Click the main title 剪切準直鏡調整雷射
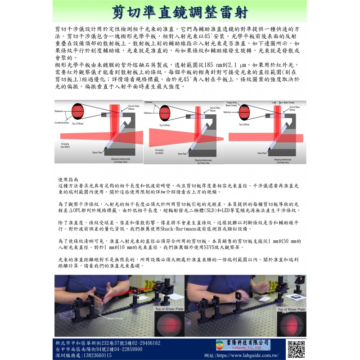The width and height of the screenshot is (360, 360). point(180,12)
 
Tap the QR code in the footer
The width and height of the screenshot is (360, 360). point(296,347)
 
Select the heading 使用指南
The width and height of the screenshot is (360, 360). point(68,179)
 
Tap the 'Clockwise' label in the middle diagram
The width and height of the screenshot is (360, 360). point(150,102)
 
